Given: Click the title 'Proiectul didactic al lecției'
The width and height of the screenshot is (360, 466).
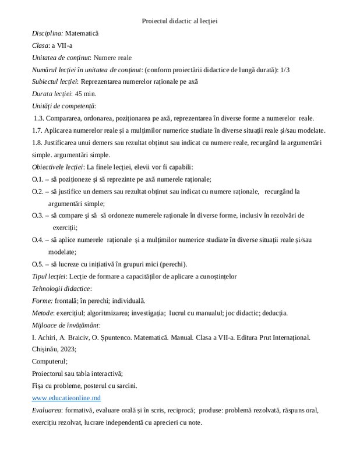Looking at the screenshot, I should point(179,21).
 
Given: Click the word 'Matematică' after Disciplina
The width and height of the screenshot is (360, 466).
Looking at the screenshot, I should point(82,33).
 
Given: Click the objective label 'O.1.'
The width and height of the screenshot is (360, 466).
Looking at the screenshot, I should point(38,179).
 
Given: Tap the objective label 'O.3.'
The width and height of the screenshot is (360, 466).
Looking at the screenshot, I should point(38,215).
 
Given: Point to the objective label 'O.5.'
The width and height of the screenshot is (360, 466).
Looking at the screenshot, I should point(38,263).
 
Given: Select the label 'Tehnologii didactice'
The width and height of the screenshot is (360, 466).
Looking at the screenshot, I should point(61,288).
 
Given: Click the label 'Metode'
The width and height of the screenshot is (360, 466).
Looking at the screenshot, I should point(43,312).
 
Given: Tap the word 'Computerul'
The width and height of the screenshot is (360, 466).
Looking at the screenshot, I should point(51,361).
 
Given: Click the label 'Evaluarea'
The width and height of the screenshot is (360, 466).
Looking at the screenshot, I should point(47,410).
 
